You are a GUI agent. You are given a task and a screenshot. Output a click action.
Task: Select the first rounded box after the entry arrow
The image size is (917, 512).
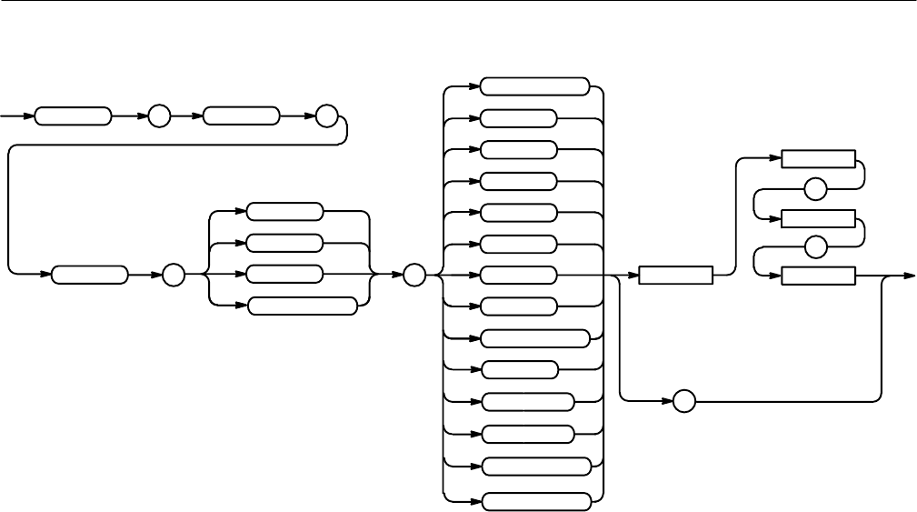coord(73,117)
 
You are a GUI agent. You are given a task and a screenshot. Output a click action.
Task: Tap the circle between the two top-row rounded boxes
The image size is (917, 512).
coord(160,117)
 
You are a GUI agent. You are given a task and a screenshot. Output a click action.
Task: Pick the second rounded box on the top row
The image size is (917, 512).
coord(241,117)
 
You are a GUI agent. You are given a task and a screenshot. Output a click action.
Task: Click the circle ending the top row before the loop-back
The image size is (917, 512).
coord(326,117)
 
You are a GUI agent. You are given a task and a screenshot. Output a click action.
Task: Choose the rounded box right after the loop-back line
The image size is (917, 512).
coord(90,274)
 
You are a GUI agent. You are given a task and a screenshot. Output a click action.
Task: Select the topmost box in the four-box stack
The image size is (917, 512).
coord(284,212)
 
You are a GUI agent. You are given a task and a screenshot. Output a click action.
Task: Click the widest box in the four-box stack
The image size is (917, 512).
coord(302,306)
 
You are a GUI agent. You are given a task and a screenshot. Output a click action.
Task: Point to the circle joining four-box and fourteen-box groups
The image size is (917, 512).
coord(414,274)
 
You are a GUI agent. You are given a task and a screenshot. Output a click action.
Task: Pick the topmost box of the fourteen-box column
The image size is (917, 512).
coord(534,86)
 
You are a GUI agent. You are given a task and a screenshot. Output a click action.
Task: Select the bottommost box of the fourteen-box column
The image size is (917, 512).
coord(534,500)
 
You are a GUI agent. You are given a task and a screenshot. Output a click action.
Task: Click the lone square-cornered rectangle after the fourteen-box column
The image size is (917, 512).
coord(675,275)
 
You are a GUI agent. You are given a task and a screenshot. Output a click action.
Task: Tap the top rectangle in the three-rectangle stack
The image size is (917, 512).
coord(818,159)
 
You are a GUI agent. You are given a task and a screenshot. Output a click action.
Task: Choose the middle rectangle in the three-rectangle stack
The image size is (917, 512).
coord(818,218)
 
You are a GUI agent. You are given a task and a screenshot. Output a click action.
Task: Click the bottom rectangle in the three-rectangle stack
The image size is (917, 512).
coord(818,275)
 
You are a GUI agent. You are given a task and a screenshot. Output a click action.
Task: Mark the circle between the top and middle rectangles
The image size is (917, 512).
coord(816,189)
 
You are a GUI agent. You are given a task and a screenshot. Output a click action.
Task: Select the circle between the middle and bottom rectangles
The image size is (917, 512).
coord(816,246)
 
